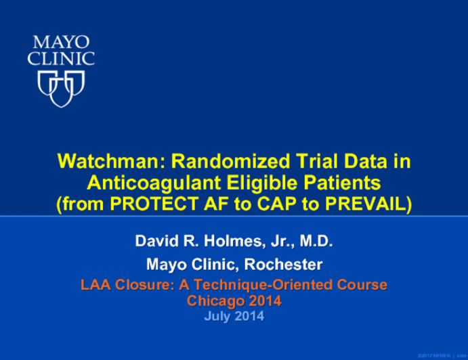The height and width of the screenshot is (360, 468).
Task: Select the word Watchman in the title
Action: pyautogui.click(x=109, y=162)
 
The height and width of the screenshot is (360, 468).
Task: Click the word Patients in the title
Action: pyautogui.click(x=337, y=183)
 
